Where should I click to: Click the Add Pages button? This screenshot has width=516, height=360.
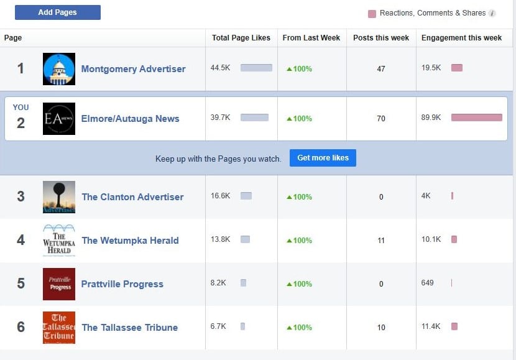[x=57, y=12]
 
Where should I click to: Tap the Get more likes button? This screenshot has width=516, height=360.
[x=323, y=158]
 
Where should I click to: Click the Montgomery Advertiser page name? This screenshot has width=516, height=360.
[x=133, y=69]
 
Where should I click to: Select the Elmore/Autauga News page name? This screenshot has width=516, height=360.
[x=130, y=119]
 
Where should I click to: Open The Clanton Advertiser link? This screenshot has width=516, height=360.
[x=132, y=197]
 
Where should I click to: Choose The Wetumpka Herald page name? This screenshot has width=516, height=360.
[x=130, y=241]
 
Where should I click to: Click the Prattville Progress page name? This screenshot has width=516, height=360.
[x=122, y=284]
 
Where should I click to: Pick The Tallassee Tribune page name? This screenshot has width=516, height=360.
[x=129, y=328]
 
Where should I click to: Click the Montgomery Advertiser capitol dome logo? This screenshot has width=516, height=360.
[x=59, y=69]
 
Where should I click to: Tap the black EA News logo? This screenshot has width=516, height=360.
[x=59, y=119]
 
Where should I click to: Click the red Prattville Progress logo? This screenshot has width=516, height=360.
[x=59, y=284]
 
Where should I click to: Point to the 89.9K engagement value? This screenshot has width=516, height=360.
[x=431, y=118]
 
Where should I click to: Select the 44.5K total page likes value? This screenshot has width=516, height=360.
[x=220, y=68]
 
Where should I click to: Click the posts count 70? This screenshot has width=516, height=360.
[x=381, y=119]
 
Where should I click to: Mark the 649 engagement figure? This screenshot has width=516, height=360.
[x=427, y=283]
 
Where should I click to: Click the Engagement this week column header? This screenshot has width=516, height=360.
[x=461, y=38]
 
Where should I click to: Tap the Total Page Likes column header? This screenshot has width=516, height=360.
[x=241, y=38]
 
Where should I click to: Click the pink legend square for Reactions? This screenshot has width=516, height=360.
[x=372, y=14]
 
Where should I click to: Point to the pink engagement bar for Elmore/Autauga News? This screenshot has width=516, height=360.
[x=476, y=118]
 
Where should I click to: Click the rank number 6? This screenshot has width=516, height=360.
[x=21, y=327]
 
